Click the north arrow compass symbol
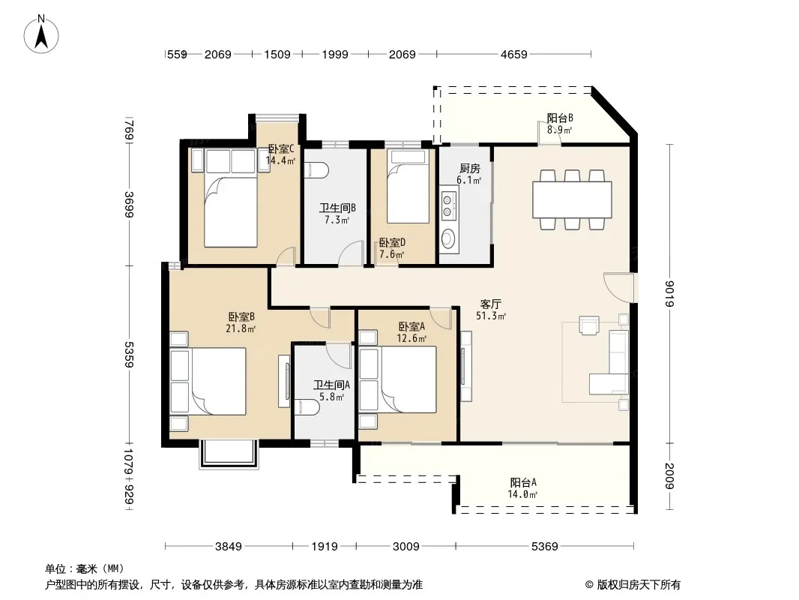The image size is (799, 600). tap(41, 34)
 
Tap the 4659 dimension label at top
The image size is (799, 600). tap(513, 54)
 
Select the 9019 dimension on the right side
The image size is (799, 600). tap(669, 294)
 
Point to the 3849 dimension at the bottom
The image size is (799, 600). tap(229, 547)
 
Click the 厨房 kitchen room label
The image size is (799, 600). tap(469, 168)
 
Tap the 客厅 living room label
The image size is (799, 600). tap(490, 304)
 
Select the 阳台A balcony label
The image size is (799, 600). tap(523, 482)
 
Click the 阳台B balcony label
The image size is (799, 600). tap(560, 118)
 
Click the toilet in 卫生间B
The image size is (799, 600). tap(316, 170)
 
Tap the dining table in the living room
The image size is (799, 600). tap(572, 199)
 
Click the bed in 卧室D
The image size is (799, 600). tap(408, 186)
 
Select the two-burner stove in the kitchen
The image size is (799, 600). tap(448, 205)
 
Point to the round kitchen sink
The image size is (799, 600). tap(449, 238)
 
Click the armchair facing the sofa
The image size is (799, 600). tap(589, 325)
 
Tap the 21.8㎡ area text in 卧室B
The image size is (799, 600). tap(241, 328)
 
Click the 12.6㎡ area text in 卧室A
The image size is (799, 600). tap(411, 338)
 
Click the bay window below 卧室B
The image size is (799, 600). tap(229, 454)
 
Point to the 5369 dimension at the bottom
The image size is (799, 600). tap(545, 547)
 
